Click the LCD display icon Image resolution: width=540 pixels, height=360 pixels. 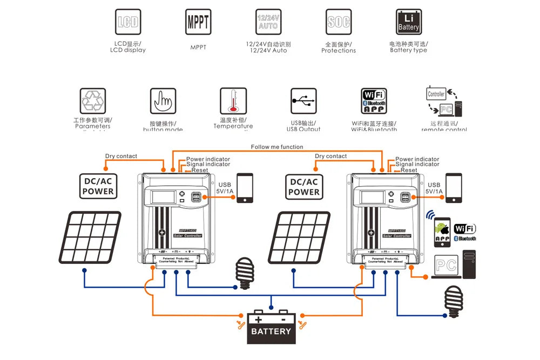[x=127, y=22]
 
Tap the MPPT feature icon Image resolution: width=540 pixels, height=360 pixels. [x=198, y=22]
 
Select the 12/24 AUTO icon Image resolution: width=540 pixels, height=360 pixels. [x=268, y=22]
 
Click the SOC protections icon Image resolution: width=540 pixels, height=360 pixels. [x=339, y=22]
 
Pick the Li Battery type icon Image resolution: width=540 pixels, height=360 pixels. [x=408, y=22]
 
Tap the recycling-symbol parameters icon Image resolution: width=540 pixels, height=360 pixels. [x=92, y=101]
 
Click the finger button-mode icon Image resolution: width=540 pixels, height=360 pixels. [x=163, y=101]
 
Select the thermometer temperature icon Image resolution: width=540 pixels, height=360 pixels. [x=233, y=101]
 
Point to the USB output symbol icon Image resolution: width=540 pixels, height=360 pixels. [x=303, y=101]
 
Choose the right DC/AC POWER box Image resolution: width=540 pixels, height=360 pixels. [x=304, y=186]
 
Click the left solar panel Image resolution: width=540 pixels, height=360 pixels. [x=90, y=238]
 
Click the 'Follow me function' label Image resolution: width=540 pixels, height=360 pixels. [x=277, y=147]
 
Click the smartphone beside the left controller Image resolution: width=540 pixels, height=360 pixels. [x=245, y=188]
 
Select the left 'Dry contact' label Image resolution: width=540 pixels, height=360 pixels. [x=121, y=156]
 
